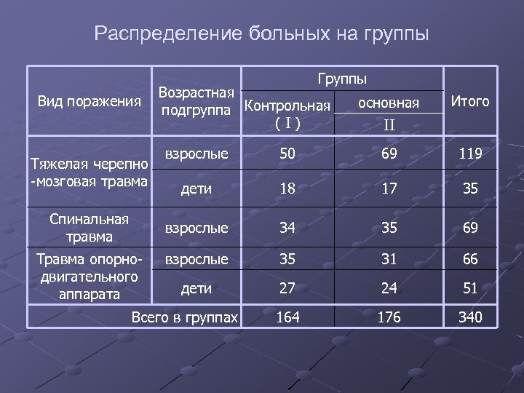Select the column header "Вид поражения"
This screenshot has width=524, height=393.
coord(89,101)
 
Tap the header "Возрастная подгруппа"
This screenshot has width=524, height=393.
coord(196,102)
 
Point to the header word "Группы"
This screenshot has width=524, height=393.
coord(342,78)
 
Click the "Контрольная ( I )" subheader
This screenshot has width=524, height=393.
coord(288,114)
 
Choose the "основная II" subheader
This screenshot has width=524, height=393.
coord(389,114)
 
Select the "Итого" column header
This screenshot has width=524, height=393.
coord(470,101)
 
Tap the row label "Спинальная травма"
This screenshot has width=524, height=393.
coord(90,228)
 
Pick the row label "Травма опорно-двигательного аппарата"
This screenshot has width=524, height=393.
coord(89,277)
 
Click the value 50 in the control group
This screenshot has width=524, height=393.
coord(287,154)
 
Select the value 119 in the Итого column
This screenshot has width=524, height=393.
coord(470,154)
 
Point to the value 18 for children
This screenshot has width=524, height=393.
coord(287,188)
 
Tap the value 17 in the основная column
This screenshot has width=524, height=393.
coord(389,188)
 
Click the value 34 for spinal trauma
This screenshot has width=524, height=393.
coord(287,228)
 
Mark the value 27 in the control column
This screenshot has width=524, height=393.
coord(287,288)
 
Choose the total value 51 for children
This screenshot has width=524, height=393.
coord(470,288)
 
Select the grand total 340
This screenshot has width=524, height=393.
coord(470,317)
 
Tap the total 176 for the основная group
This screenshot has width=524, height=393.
coord(389,317)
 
